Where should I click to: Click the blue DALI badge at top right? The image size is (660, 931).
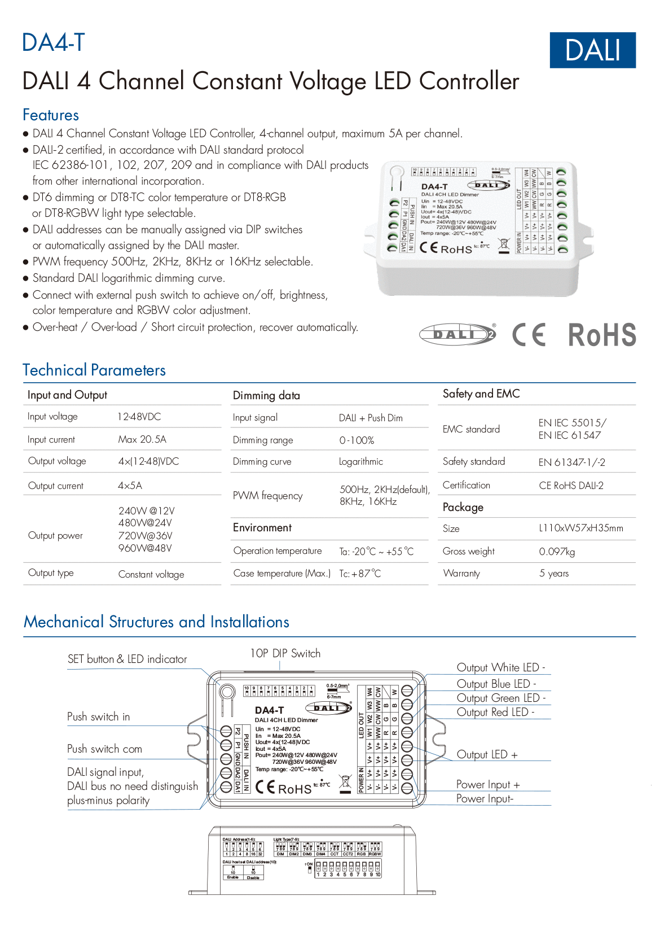tap(592, 50)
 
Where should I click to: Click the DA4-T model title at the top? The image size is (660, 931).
tap(53, 42)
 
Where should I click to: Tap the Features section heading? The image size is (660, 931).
tap(50, 115)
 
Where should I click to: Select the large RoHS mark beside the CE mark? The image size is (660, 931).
tap(601, 335)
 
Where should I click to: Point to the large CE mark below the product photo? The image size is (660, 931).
tap(529, 335)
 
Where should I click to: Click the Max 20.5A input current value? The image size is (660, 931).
tap(142, 439)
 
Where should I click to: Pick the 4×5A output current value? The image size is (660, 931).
tap(130, 486)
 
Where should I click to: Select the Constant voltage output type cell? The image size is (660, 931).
tap(151, 574)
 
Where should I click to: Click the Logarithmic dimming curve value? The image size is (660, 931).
tap(360, 462)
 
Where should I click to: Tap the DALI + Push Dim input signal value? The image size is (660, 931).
tap(371, 418)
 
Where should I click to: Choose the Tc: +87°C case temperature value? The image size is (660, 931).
tap(360, 574)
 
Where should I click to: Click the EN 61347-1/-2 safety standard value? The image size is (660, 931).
tap(571, 462)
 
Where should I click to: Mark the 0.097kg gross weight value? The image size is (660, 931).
tap(557, 552)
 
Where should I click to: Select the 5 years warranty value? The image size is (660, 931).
tap(553, 574)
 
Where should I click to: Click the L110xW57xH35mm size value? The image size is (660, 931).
tap(580, 528)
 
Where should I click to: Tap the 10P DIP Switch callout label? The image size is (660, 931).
tap(285, 653)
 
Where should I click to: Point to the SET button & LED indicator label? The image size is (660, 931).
tap(127, 659)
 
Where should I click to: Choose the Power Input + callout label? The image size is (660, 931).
tap(487, 785)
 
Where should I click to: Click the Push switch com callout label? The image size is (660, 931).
tap(104, 749)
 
